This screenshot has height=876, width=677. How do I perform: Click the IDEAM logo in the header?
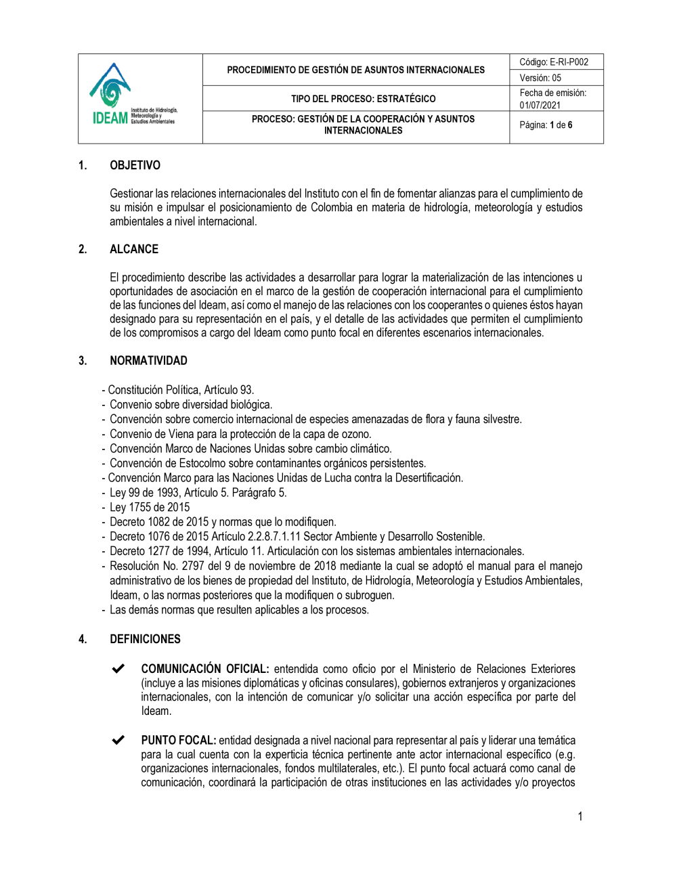click(x=133, y=95)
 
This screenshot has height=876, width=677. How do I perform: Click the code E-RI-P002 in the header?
click(x=569, y=62)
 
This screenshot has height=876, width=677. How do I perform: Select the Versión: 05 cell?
click(x=540, y=78)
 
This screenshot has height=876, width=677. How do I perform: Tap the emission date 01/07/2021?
click(x=540, y=105)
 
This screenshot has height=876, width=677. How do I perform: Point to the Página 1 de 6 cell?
click(x=546, y=125)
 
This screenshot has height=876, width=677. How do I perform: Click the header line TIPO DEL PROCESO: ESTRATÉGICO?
click(x=364, y=99)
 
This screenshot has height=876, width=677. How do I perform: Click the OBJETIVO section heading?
click(x=135, y=165)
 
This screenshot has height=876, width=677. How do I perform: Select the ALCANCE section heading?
click(x=134, y=249)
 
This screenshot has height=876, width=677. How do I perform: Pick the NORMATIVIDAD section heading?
click(x=148, y=361)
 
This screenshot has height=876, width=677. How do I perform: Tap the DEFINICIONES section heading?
click(x=145, y=639)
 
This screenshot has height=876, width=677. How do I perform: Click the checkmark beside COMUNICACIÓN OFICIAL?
click(x=118, y=669)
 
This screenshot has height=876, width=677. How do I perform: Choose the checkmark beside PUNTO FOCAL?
click(x=118, y=740)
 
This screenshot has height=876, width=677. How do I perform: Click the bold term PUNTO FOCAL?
click(x=178, y=740)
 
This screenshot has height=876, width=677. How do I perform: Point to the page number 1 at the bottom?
click(x=580, y=816)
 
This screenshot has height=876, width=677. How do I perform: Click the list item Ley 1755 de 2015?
click(x=150, y=507)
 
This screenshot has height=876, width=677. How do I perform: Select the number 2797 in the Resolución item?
click(x=193, y=566)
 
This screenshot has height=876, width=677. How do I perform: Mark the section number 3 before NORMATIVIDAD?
click(x=83, y=361)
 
